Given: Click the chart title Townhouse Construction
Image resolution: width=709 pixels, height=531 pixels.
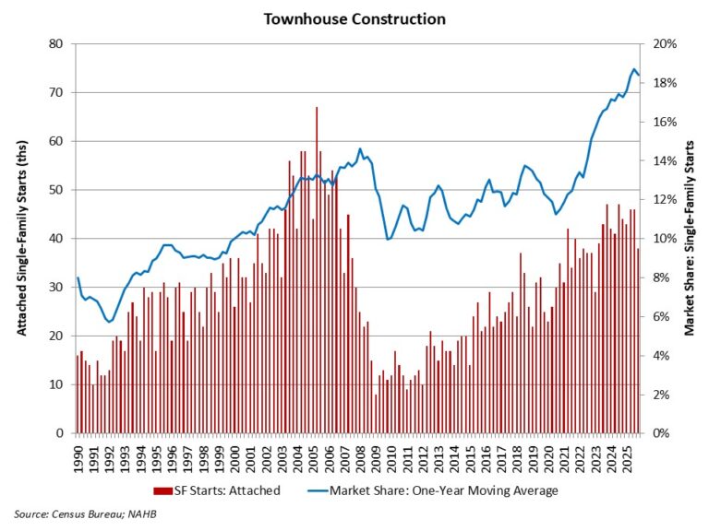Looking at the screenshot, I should click(354, 18).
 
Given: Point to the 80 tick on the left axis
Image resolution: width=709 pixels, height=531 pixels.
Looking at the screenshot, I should click(57, 44).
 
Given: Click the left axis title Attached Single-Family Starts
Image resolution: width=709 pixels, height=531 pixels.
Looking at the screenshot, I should click(20, 238).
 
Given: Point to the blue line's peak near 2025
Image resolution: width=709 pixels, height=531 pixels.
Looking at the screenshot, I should click(634, 69).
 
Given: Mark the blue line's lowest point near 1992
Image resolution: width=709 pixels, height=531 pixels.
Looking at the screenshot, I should click(110, 322).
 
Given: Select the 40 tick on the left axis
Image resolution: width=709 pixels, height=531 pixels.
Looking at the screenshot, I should click(57, 239).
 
